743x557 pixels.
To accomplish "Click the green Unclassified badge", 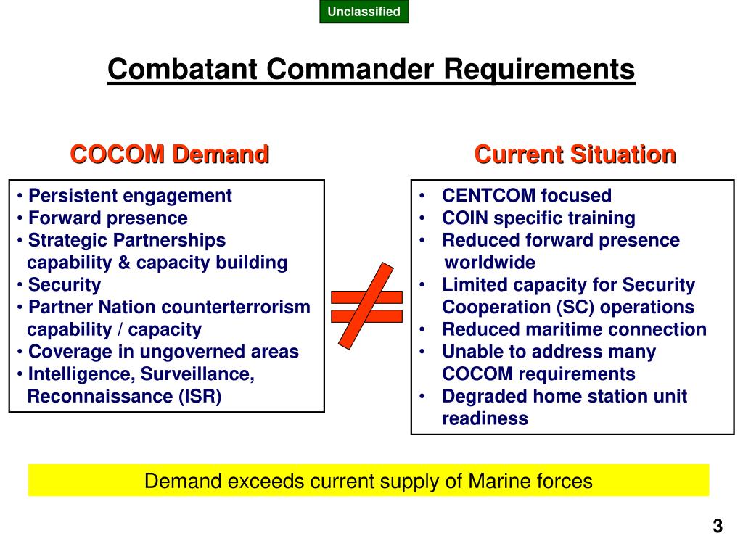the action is (364, 12).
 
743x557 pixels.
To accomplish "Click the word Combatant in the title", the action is (182, 69).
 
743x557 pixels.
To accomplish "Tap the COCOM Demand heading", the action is (170, 154).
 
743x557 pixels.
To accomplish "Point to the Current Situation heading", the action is (575, 154).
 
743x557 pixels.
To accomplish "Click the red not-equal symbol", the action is (366, 305).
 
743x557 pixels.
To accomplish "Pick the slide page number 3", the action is (718, 527).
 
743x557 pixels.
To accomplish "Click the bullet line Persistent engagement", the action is (130, 196).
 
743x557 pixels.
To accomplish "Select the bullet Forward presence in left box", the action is (108, 218).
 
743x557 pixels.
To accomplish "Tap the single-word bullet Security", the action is (65, 284).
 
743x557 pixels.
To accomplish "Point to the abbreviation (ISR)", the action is (200, 396).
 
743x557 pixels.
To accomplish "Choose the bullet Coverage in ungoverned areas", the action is (163, 352).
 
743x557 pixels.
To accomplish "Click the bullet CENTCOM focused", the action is (527, 196).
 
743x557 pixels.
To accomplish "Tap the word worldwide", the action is (490, 263).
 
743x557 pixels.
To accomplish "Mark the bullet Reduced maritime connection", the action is (575, 329).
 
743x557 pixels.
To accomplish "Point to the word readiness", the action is (485, 418).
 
